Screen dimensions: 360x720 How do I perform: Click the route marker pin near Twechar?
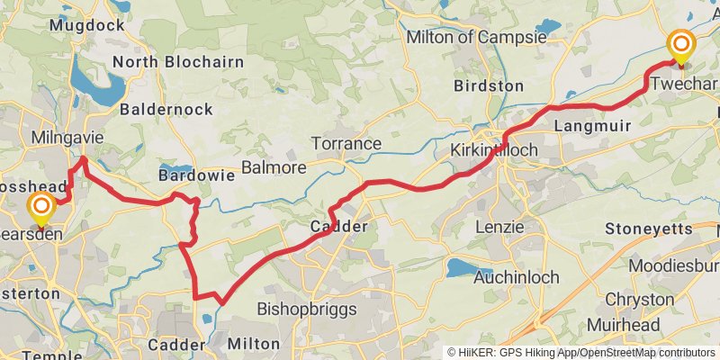[x=681, y=47]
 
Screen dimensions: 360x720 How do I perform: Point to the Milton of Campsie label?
[x=476, y=38]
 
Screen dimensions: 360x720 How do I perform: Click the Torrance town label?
[x=346, y=143]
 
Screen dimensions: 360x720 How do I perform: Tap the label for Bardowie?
[x=196, y=175]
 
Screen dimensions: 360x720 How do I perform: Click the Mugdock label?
[x=87, y=25]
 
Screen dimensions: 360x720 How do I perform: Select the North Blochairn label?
[x=179, y=62]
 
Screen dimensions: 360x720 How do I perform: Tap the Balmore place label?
[x=274, y=167]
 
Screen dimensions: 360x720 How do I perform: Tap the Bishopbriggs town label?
[x=307, y=309]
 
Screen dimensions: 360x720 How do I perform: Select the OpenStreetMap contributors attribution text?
[x=645, y=352]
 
